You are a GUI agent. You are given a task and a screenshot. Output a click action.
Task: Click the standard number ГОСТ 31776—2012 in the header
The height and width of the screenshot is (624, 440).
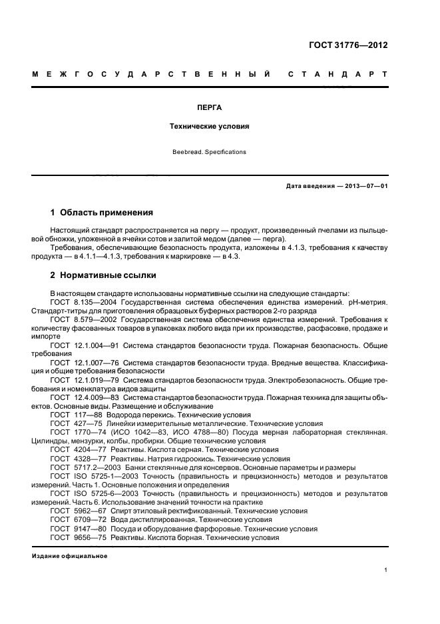pyautogui.click(x=348, y=45)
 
